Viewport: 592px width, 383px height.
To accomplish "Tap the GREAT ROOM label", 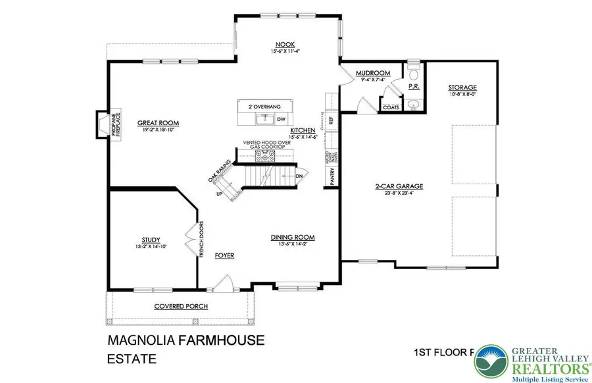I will [158, 122].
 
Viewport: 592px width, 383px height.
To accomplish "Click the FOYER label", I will [225, 255].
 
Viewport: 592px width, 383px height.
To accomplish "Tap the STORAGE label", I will [462, 88].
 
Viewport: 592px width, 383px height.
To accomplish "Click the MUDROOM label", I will [373, 73].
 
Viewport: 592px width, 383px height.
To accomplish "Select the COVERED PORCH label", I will [181, 307].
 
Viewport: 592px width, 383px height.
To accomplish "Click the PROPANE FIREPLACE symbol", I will [102, 125].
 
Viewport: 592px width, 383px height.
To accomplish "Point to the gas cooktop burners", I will [267, 156].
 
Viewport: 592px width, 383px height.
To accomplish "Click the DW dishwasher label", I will [281, 119].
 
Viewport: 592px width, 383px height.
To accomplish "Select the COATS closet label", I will [390, 107].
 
